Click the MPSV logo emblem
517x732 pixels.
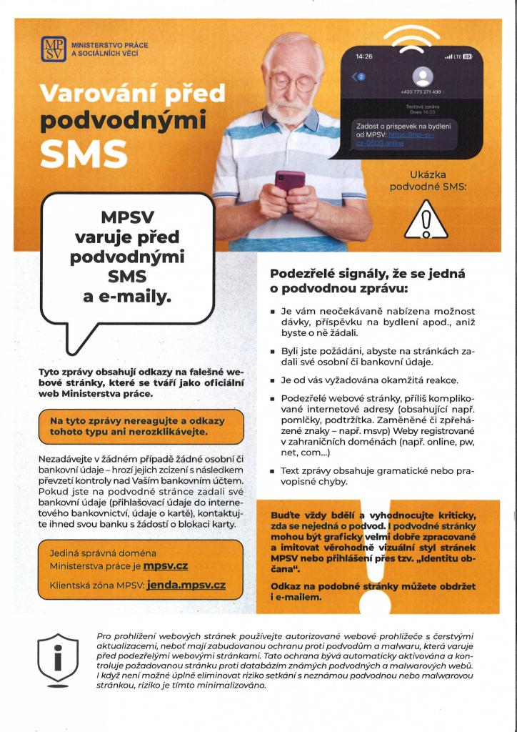click(x=53, y=49)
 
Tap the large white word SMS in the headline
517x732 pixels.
click(x=84, y=152)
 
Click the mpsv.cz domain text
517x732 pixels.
click(x=165, y=566)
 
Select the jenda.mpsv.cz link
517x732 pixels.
click(x=185, y=585)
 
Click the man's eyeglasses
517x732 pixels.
click(x=292, y=83)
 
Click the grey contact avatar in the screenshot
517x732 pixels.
click(x=424, y=76)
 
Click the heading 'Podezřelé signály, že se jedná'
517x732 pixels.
click(x=367, y=272)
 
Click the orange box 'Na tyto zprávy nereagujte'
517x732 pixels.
click(x=142, y=426)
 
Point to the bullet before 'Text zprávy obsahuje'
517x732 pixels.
click(x=273, y=473)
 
